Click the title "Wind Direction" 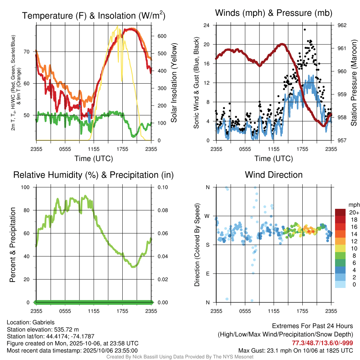coord(274,175)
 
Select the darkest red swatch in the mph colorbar coord(340,212)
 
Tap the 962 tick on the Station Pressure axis coord(342,25)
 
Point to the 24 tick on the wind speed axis coord(207,25)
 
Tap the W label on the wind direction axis coord(207,216)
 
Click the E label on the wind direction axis coord(208,274)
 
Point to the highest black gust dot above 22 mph coord(304,30)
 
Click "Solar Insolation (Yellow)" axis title coord(174,83)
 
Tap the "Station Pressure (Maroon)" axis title coord(354,83)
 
